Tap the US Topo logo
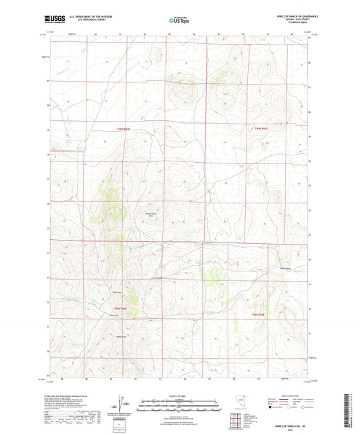(178, 20)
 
